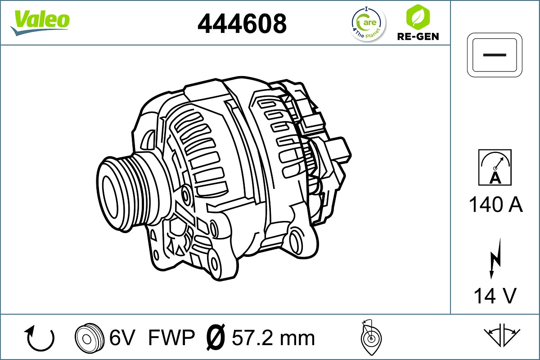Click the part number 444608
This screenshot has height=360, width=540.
point(242,23)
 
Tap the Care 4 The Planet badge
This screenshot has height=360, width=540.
point(368,23)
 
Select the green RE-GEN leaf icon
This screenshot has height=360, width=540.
point(417,16)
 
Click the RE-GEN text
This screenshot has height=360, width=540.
point(418,36)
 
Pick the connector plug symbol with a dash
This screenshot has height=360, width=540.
point(495,54)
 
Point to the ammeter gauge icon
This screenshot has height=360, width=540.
point(495,167)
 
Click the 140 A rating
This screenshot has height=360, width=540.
point(495,205)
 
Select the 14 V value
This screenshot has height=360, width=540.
point(495,296)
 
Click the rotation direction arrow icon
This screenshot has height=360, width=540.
point(40,338)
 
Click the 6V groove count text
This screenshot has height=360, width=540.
point(122,337)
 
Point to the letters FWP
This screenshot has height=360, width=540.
point(171,337)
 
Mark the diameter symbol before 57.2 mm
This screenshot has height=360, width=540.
point(215,337)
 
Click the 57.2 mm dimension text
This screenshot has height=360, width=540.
point(273,337)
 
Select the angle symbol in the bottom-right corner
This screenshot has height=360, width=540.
point(502,335)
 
